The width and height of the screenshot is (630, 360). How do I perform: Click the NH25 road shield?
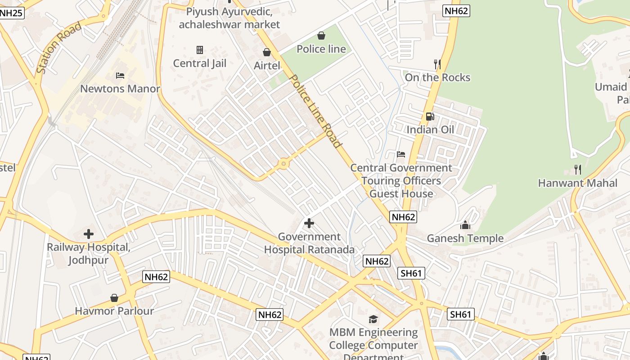(11, 13)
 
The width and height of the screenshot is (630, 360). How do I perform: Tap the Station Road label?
(59, 48)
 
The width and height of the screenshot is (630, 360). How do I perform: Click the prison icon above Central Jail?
(200, 49)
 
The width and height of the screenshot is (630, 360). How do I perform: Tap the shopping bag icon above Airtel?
(266, 52)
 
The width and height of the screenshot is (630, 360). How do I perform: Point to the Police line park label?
(321, 49)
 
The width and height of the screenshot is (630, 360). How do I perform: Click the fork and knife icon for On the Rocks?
(437, 64)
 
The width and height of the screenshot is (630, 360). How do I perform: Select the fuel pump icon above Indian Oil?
(430, 117)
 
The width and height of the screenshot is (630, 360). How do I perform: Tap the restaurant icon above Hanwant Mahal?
(578, 170)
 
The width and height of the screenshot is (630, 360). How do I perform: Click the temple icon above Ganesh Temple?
(465, 225)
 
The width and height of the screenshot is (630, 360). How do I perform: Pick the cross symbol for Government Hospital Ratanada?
(309, 223)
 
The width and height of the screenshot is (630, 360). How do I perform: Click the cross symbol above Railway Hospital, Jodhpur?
(89, 234)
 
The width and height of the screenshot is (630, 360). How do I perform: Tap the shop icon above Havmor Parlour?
(114, 298)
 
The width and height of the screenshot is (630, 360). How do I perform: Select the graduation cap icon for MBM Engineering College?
(373, 319)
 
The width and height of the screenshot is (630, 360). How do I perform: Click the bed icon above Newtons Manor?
(120, 75)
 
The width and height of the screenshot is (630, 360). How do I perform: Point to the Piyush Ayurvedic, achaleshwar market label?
(229, 18)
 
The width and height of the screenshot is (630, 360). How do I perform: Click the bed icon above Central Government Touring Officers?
(401, 154)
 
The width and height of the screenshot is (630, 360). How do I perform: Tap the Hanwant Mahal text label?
(578, 183)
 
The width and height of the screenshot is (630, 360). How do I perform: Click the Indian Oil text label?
(430, 130)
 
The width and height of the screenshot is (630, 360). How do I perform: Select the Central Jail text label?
(200, 63)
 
